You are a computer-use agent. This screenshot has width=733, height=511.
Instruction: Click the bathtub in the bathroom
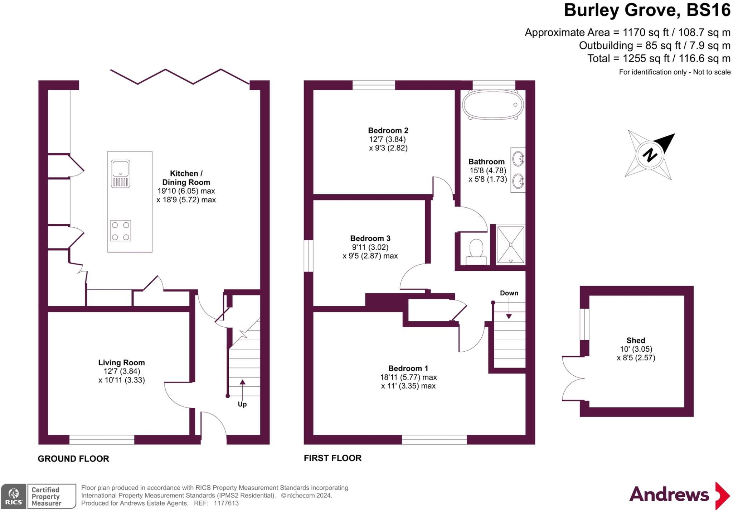tap(493, 105)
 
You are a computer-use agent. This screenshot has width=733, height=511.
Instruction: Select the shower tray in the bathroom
tap(511, 245)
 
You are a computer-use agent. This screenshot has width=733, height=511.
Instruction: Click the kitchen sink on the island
tap(121, 174)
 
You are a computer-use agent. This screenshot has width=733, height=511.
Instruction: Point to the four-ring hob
tap(120, 231)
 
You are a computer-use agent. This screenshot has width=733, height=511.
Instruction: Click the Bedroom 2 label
tap(388, 131)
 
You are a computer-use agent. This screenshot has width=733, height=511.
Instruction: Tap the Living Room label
tap(121, 363)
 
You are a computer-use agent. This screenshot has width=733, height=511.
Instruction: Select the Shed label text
tap(636, 341)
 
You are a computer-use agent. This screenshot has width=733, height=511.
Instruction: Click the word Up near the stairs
tap(242, 404)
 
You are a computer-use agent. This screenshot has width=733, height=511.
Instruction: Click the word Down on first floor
tap(509, 293)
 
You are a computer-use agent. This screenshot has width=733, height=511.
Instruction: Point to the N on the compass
tap(650, 155)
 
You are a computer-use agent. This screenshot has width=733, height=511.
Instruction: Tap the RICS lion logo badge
tap(14, 496)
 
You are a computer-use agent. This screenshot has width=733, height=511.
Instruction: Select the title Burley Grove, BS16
tap(647, 10)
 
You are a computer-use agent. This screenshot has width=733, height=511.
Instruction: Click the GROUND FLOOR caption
tap(73, 459)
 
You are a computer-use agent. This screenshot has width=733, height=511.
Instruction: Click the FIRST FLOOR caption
tap(332, 458)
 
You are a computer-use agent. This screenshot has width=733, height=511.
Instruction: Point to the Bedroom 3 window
tap(309, 256)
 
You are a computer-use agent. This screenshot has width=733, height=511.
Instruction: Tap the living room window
tap(102, 440)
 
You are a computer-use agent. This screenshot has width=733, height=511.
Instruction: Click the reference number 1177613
tap(226, 503)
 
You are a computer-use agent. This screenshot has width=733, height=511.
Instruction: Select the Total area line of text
tap(659, 58)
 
